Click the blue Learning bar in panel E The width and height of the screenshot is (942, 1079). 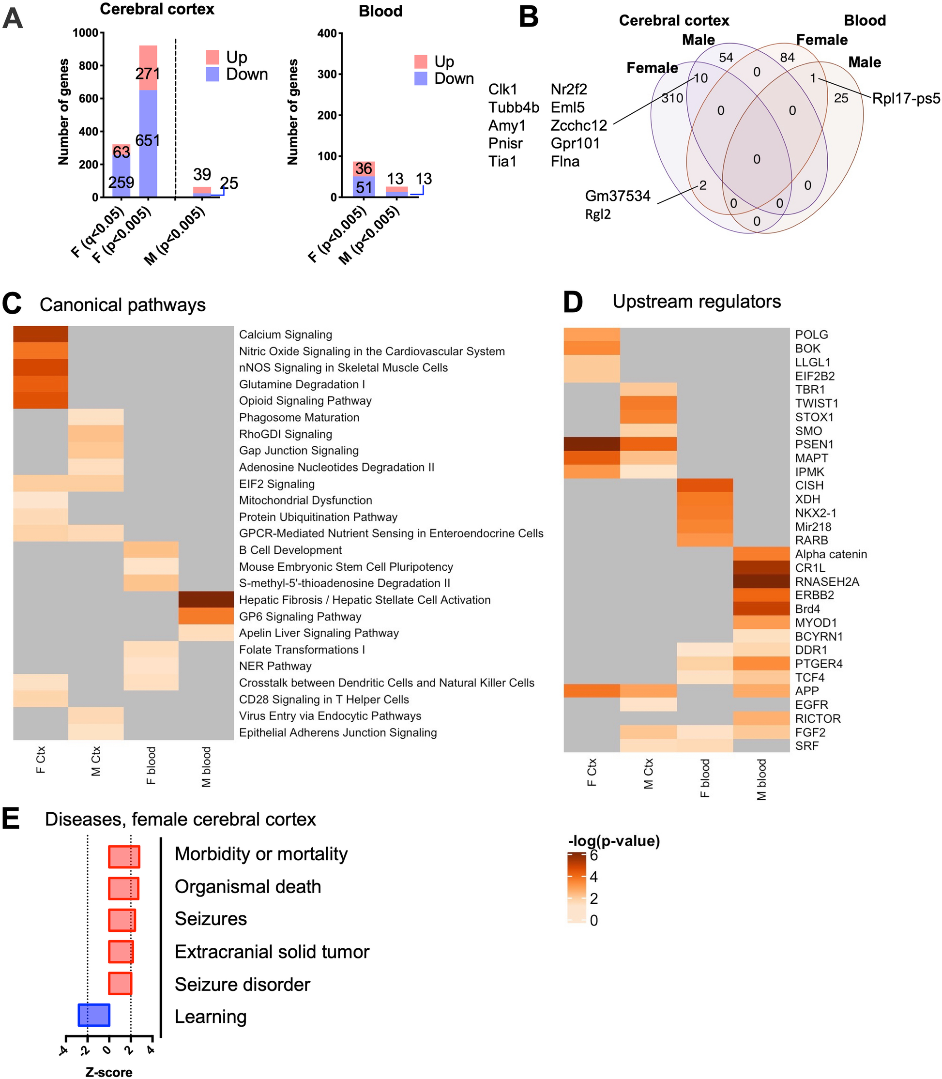[93, 1015]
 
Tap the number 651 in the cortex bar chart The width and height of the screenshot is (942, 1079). [148, 140]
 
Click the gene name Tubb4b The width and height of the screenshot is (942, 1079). [513, 108]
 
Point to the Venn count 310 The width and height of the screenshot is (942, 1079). [672, 98]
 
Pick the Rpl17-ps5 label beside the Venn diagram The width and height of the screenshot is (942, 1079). [906, 98]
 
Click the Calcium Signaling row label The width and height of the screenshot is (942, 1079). [286, 335]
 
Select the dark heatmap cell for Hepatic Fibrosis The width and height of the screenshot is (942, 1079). [206, 600]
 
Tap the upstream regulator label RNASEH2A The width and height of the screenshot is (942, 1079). [827, 582]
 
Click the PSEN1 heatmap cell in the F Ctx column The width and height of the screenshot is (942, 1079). [592, 444]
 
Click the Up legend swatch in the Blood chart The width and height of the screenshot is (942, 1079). [421, 61]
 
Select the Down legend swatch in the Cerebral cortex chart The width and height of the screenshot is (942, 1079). [213, 74]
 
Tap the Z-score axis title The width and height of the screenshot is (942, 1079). [109, 1072]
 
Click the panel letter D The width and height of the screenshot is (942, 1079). [573, 302]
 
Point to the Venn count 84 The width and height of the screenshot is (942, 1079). [787, 58]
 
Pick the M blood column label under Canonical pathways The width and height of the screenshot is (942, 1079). [206, 767]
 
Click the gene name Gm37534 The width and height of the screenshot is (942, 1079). [617, 196]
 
